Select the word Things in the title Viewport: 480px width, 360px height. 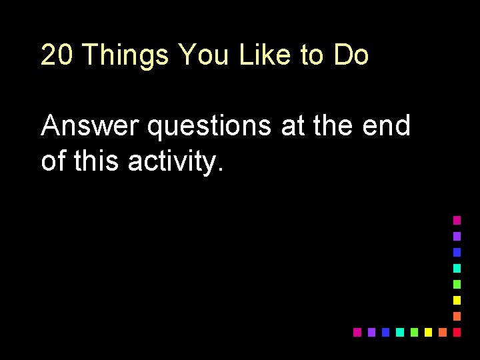(x=126, y=55)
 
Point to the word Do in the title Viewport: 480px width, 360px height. (x=351, y=55)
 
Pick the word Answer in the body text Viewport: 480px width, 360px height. (x=90, y=125)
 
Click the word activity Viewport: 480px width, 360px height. (x=175, y=162)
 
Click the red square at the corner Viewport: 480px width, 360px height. (x=457, y=332)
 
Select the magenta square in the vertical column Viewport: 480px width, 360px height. (x=457, y=219)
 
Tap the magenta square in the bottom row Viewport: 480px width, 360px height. (x=357, y=332)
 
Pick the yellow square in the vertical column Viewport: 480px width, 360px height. (x=457, y=300)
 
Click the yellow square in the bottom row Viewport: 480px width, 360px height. (x=428, y=332)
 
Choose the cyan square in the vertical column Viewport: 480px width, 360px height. (x=457, y=268)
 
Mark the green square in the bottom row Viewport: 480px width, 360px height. (x=414, y=332)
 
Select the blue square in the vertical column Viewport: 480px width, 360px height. (x=457, y=252)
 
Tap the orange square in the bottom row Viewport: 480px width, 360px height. (x=442, y=332)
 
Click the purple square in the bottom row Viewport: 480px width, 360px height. (x=371, y=332)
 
